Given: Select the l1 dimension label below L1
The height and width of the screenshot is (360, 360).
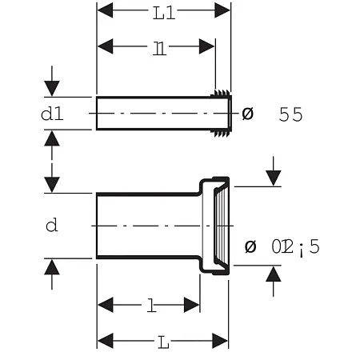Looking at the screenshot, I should pyautogui.click(x=160, y=47).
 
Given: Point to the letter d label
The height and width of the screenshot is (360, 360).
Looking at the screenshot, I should pyautogui.click(x=51, y=226).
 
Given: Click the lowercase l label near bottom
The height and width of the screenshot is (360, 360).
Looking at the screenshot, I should pyautogui.click(x=150, y=305).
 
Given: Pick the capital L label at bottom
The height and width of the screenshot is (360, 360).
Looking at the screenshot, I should pyautogui.click(x=162, y=342).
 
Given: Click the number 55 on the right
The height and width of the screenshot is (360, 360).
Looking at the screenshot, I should pyautogui.click(x=290, y=114).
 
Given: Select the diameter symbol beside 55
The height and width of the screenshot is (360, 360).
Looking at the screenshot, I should pyautogui.click(x=247, y=114).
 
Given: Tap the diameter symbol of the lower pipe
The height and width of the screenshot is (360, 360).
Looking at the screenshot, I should pyautogui.click(x=250, y=246).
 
